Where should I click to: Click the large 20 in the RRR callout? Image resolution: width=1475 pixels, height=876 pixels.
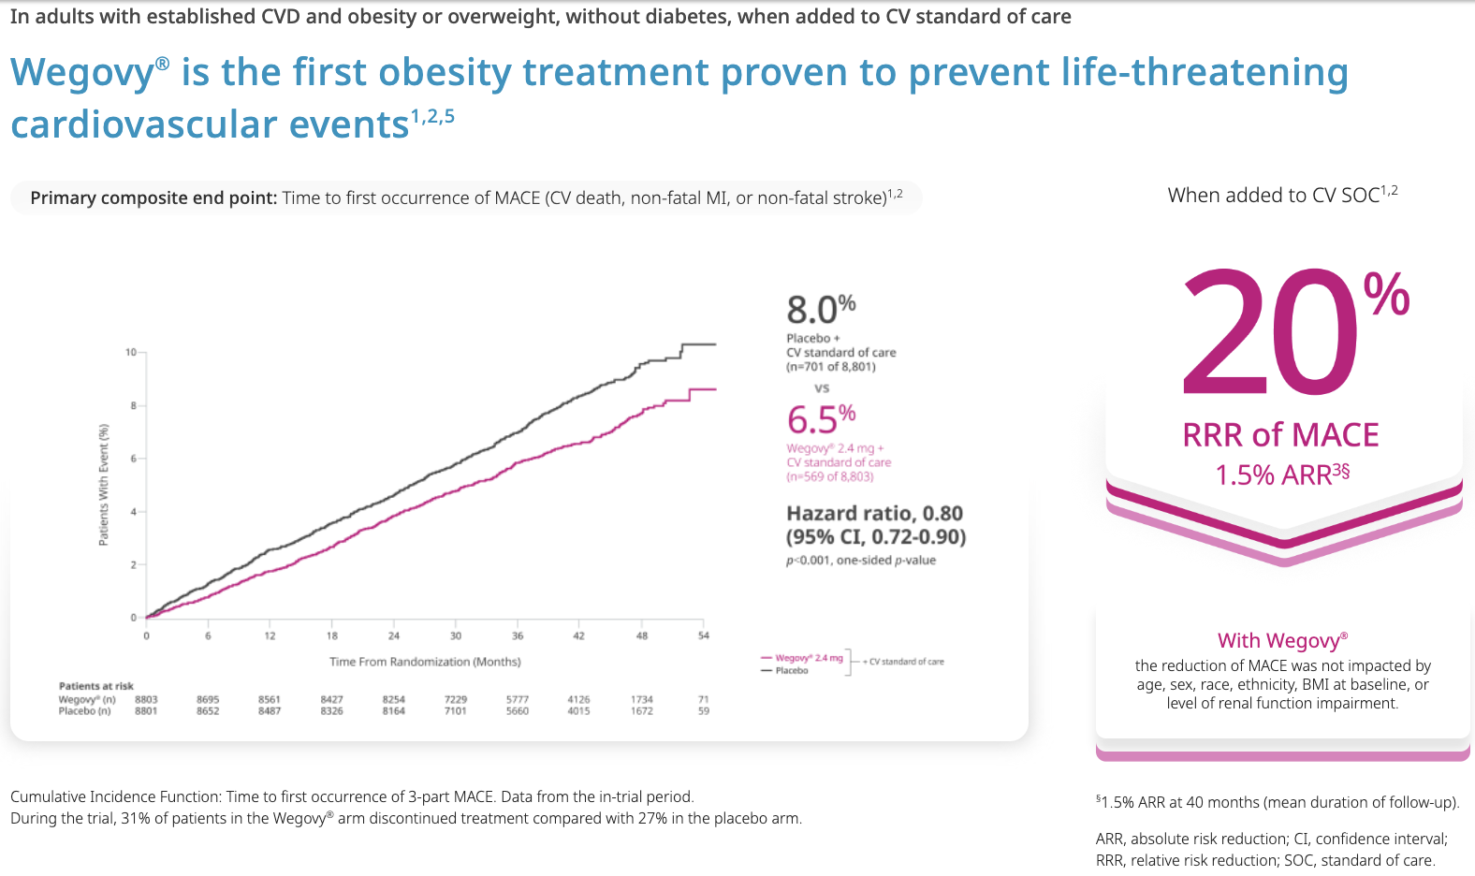[1271, 332]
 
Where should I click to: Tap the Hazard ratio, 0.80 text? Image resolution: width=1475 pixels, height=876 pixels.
[874, 513]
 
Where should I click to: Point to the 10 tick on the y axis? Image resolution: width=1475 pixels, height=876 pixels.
[131, 352]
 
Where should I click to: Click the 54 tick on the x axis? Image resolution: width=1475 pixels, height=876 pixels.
[704, 636]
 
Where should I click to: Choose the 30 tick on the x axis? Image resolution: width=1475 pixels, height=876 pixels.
[456, 636]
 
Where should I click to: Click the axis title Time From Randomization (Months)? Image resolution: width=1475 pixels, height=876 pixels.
[425, 662]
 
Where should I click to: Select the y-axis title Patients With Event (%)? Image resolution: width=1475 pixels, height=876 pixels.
[104, 485]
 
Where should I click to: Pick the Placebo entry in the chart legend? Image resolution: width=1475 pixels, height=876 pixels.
[791, 670]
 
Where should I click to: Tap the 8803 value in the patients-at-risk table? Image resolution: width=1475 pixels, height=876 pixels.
[146, 699]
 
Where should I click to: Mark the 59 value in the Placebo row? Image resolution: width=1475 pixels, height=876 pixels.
[704, 711]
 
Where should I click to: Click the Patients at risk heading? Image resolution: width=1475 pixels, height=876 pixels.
[96, 686]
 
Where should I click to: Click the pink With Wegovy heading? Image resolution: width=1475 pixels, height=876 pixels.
[1282, 641]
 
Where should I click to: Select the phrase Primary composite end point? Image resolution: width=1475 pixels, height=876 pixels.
[153, 198]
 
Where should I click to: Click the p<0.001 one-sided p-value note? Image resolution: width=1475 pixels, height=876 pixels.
[861, 561]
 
